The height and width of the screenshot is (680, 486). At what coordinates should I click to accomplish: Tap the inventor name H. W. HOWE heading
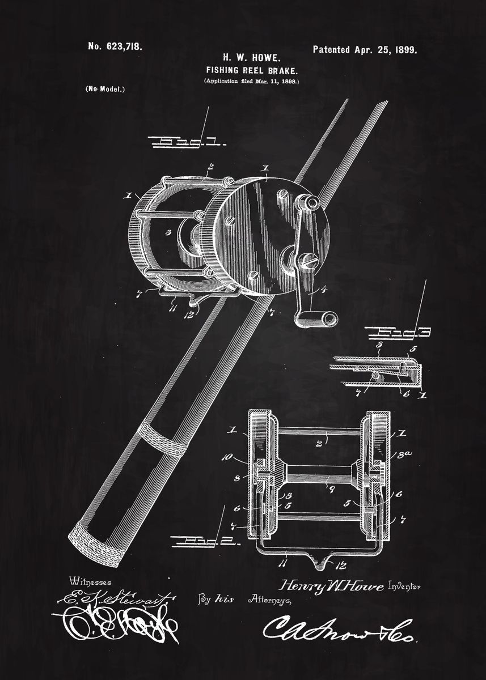[x=251, y=57]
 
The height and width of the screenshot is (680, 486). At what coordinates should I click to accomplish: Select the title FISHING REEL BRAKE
[x=251, y=70]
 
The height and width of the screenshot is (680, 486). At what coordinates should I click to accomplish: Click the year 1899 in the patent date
[x=404, y=50]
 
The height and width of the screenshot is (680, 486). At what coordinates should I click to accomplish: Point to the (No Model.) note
[x=105, y=89]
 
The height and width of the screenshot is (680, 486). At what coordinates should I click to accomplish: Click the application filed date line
[x=251, y=82]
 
